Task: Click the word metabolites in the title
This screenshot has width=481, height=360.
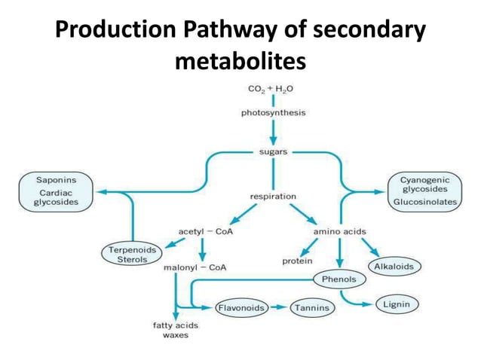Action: [x=240, y=61]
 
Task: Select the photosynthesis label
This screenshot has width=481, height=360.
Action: [x=273, y=113]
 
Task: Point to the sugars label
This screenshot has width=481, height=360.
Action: [x=273, y=152]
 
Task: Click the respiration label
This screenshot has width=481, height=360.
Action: [x=273, y=196]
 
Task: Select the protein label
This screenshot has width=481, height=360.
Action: [x=298, y=261]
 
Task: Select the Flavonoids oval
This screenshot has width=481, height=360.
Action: [x=242, y=307]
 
